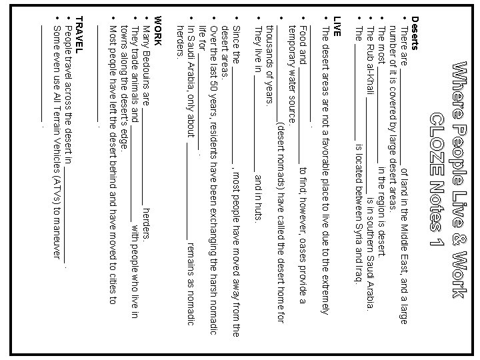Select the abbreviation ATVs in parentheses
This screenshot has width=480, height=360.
point(56,194)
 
